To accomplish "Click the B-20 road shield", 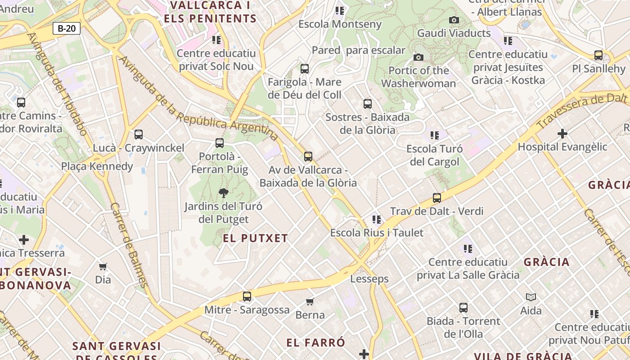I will tap(67, 29).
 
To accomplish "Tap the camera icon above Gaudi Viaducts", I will tap(454, 20).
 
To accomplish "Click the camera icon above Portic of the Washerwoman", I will tap(418, 57).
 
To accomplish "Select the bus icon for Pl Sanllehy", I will tap(598, 55).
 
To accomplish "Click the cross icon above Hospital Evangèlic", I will tap(562, 134).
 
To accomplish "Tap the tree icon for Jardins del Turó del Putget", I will tap(223, 193).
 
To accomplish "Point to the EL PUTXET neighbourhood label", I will tap(255, 238).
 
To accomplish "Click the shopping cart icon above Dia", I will tap(103, 267).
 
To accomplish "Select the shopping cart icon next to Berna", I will tap(310, 301).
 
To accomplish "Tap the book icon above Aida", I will tap(531, 297).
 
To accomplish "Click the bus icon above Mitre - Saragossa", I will tap(247, 297).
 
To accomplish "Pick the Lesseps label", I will tap(369, 279).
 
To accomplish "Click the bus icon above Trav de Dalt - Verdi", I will tap(436, 198).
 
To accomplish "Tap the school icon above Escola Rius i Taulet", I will tap(377, 220).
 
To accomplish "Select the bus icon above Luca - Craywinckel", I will tap(139, 135).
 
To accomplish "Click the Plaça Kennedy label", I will tap(97, 166).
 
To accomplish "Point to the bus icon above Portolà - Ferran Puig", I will tap(220, 143).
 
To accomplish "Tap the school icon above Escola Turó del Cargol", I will tap(434, 135).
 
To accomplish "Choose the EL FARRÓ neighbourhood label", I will tap(316, 342).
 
